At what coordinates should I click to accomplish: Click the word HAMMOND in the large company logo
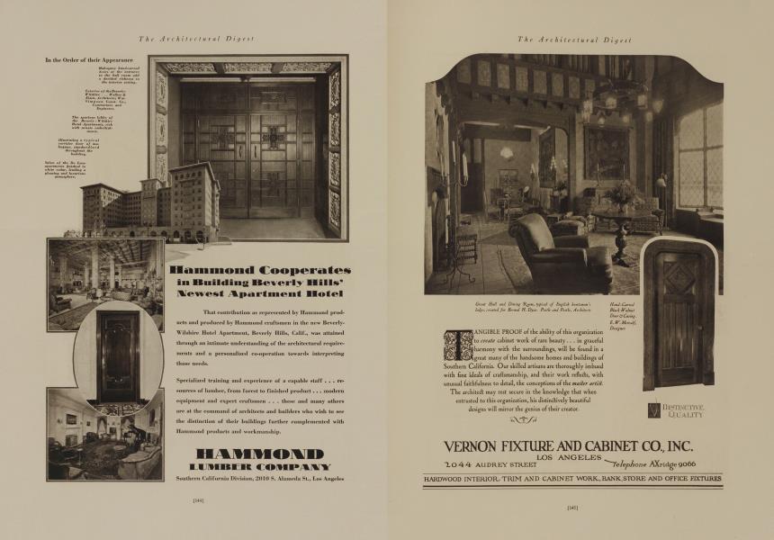click(x=260, y=453)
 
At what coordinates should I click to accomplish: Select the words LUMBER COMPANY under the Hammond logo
click(x=260, y=467)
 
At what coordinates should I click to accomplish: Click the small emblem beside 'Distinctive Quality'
click(x=654, y=410)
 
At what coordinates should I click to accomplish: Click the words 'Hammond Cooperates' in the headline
click(x=260, y=269)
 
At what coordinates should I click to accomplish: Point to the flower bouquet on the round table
click(x=621, y=193)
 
